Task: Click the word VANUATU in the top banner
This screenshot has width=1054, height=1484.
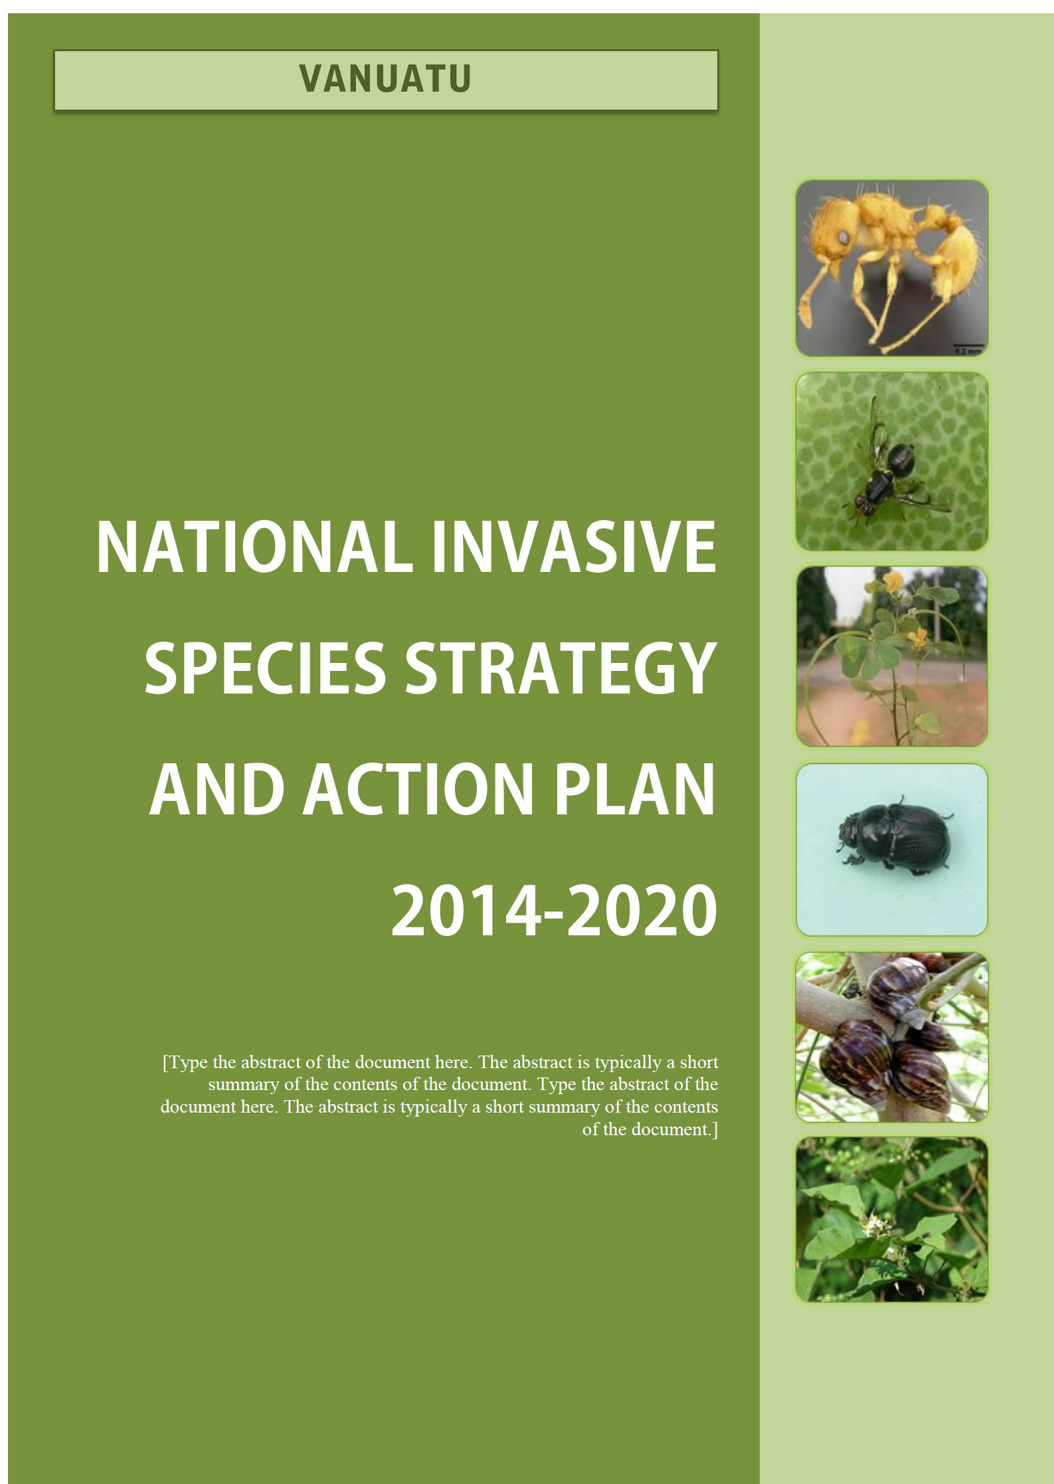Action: tap(385, 79)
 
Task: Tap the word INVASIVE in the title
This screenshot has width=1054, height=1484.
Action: tap(574, 548)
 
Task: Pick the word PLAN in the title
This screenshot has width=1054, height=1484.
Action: tap(635, 788)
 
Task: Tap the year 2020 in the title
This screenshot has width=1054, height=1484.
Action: tap(642, 909)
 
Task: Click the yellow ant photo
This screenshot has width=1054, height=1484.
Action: tap(891, 268)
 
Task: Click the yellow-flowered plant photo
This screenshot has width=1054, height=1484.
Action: tap(891, 656)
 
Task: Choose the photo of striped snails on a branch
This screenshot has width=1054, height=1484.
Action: tap(891, 1037)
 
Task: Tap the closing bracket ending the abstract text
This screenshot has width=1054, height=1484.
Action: tap(715, 1129)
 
